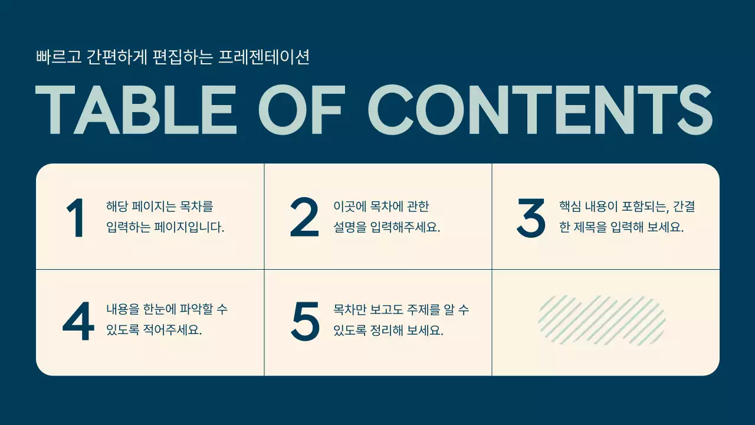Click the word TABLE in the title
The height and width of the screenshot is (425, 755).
point(136,110)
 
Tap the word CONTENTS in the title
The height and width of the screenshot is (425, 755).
point(540,110)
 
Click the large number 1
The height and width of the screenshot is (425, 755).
point(75,218)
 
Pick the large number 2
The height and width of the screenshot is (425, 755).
point(304,218)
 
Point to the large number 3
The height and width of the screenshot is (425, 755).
point(531,218)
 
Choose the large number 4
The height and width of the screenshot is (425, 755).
point(78,322)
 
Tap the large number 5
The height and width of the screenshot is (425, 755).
point(305,322)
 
